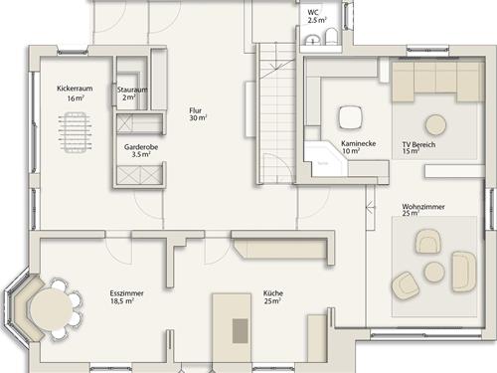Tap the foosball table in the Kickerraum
[x=76, y=132]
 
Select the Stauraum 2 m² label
[x=132, y=93]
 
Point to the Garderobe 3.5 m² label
[x=141, y=150]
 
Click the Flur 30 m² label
[x=198, y=114]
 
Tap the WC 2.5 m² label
[x=317, y=16]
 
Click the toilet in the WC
[x=331, y=36]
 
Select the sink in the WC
[x=311, y=39]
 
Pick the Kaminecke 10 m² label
[x=358, y=147]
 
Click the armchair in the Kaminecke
[x=350, y=117]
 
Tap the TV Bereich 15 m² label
[x=418, y=148]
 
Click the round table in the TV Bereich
[x=435, y=124]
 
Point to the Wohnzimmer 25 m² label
[x=423, y=210]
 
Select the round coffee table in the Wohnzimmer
[x=434, y=272]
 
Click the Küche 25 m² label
[x=273, y=297]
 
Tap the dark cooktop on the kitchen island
[x=241, y=331]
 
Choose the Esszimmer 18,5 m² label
[x=126, y=297]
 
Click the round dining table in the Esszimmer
[x=52, y=308]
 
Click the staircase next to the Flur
[x=276, y=113]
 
